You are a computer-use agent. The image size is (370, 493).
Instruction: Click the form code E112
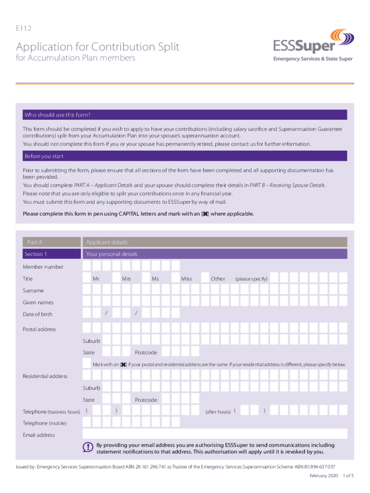tap(24, 28)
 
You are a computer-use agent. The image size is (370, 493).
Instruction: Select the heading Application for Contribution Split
tap(98, 47)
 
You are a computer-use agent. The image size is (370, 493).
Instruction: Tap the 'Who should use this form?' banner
tap(185, 115)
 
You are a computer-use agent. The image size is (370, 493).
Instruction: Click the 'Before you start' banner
tap(185, 156)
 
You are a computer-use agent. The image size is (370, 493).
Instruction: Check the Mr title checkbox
tap(87, 278)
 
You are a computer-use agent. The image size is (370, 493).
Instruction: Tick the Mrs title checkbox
tap(117, 278)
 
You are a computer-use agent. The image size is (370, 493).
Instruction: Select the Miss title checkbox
tap(175, 278)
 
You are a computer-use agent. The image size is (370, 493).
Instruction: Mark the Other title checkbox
tap(205, 278)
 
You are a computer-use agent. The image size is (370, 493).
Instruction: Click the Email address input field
tap(215, 434)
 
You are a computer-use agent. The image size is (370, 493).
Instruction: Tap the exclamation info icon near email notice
tap(87, 447)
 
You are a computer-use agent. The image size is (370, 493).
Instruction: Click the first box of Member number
tap(87, 266)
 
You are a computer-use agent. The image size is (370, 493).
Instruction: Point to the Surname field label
tap(33, 291)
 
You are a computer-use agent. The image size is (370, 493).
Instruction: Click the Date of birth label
tap(37, 314)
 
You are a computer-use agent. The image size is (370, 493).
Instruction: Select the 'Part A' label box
tap(51, 242)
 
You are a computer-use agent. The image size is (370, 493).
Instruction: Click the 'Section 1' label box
tap(51, 254)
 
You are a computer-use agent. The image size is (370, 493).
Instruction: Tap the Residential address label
tap(45, 376)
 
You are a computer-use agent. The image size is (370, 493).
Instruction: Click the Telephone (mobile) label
tap(45, 423)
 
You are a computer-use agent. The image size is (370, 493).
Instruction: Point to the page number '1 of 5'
tap(348, 476)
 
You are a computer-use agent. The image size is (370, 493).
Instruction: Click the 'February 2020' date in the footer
tap(323, 476)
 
